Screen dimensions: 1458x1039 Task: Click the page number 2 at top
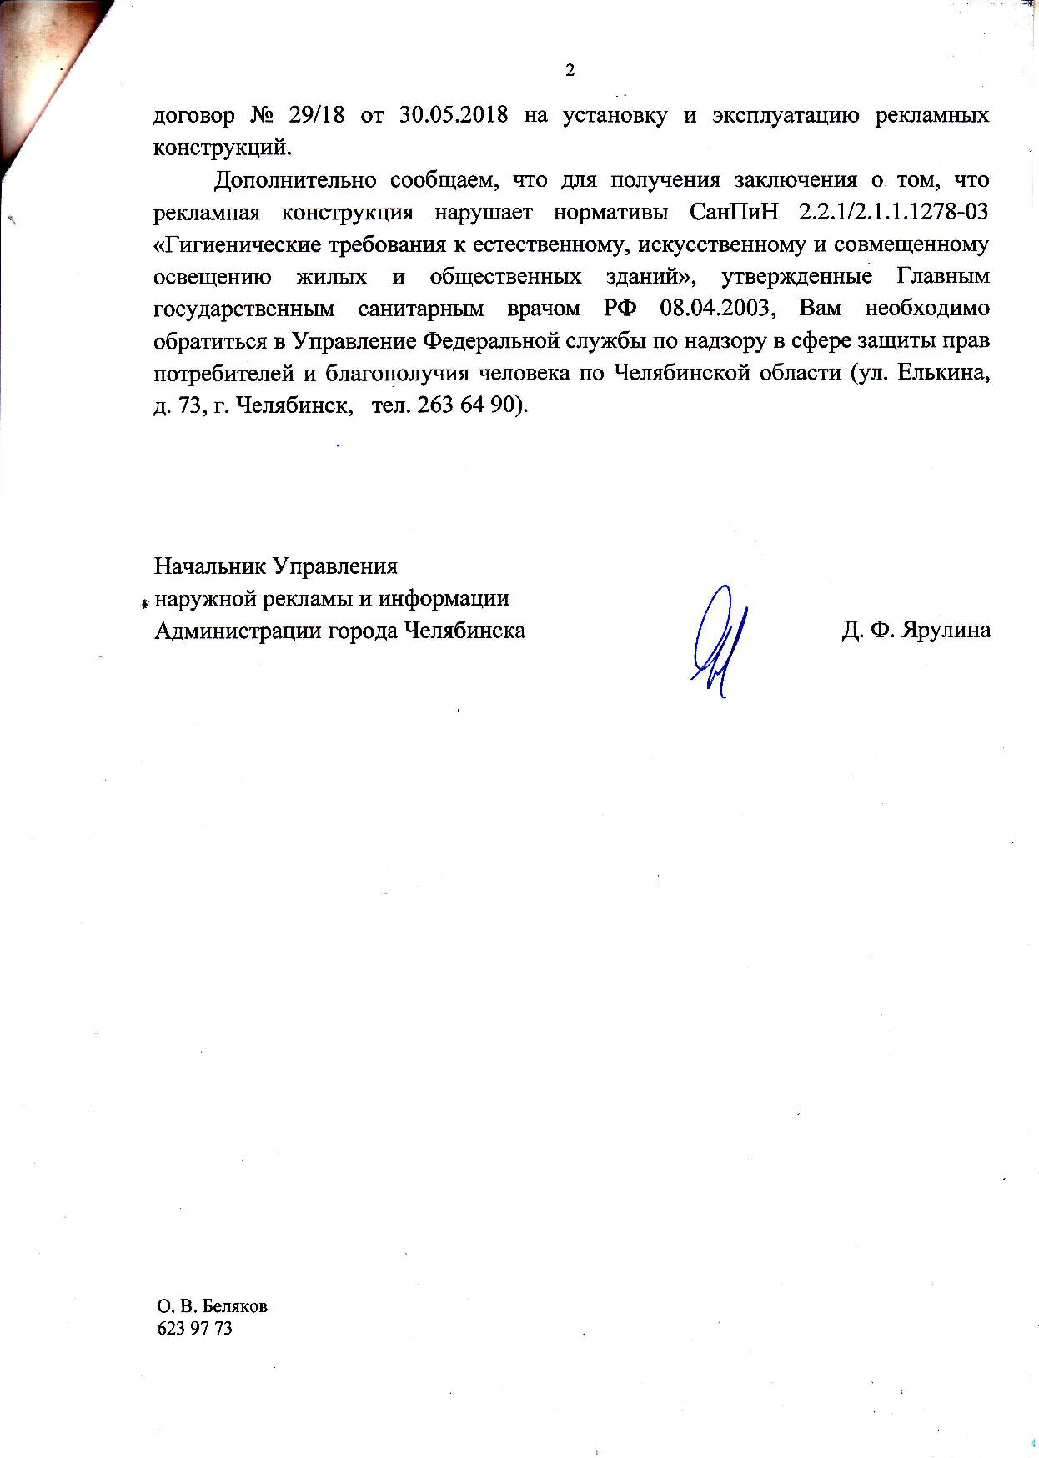(x=570, y=70)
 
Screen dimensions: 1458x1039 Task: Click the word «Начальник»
(x=208, y=566)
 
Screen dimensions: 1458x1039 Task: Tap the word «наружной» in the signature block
(x=206, y=599)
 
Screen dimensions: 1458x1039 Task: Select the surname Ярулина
(x=949, y=631)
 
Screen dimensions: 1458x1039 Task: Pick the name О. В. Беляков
(x=212, y=1306)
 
